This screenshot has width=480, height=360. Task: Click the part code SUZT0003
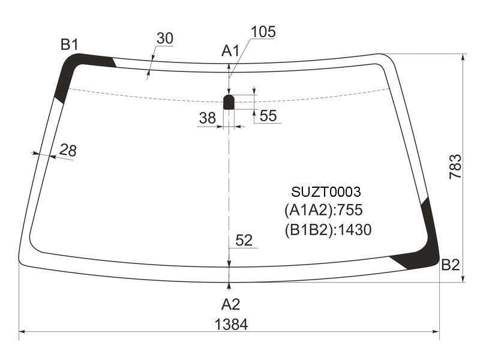326,192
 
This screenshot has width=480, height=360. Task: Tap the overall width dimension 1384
231,324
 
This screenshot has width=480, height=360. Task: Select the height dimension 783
455,167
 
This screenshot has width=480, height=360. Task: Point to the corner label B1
70,44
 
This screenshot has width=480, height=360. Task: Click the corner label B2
451,265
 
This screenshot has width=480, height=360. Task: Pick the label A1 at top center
230,51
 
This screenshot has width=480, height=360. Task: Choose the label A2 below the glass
230,304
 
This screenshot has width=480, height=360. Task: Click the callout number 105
263,32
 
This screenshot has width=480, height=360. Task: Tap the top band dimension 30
164,38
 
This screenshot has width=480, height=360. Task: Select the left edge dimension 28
68,151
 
